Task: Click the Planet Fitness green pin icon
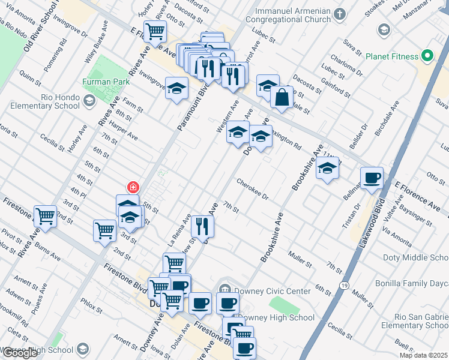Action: click(x=427, y=56)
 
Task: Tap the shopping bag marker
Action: click(x=281, y=97)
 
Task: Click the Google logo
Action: click(x=19, y=353)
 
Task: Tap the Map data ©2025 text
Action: click(x=424, y=355)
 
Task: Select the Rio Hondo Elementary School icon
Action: click(x=89, y=100)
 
